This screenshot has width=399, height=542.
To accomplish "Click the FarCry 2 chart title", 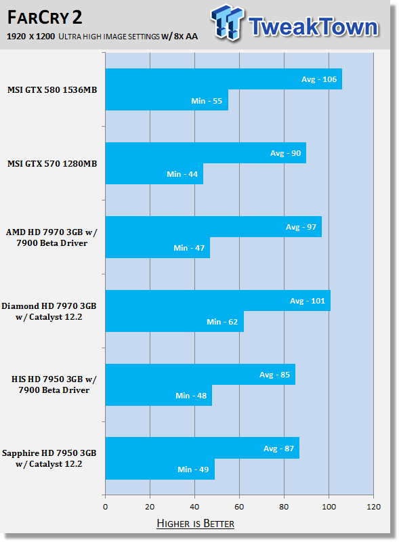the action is pyautogui.click(x=45, y=18).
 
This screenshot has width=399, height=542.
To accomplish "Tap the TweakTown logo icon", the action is pyautogui.click(x=227, y=22).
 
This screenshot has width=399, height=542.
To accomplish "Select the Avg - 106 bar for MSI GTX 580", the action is pyautogui.click(x=224, y=79).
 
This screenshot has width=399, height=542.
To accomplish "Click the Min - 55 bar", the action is pyautogui.click(x=167, y=100).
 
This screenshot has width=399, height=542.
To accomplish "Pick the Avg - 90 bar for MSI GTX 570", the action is pyautogui.click(x=206, y=153).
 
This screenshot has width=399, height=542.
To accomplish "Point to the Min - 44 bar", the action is pyautogui.click(x=154, y=174).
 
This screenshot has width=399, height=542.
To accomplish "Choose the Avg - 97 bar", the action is pyautogui.click(x=213, y=227).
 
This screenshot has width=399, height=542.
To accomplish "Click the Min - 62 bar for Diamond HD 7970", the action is pyautogui.click(x=175, y=321).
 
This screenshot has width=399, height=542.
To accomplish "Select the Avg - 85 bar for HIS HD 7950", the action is pyautogui.click(x=201, y=375).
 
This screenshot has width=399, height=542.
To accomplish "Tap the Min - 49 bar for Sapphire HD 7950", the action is pyautogui.click(x=160, y=469).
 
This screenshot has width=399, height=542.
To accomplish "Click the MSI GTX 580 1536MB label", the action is pyautogui.click(x=52, y=90).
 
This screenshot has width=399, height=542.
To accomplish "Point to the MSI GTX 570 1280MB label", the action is pyautogui.click(x=52, y=163).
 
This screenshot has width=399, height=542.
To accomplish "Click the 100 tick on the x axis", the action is pyautogui.click(x=329, y=507).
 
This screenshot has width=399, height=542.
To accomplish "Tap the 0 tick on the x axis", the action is pyautogui.click(x=106, y=507).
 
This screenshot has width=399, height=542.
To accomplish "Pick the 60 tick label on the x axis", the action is pyautogui.click(x=239, y=507).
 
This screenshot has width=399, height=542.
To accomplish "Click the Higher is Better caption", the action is pyautogui.click(x=195, y=523).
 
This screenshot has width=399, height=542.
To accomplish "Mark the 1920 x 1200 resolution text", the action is pyautogui.click(x=30, y=37).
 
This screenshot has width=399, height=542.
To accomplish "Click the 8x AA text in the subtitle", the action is pyautogui.click(x=186, y=37).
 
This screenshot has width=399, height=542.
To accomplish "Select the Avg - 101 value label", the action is pyautogui.click(x=308, y=301).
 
